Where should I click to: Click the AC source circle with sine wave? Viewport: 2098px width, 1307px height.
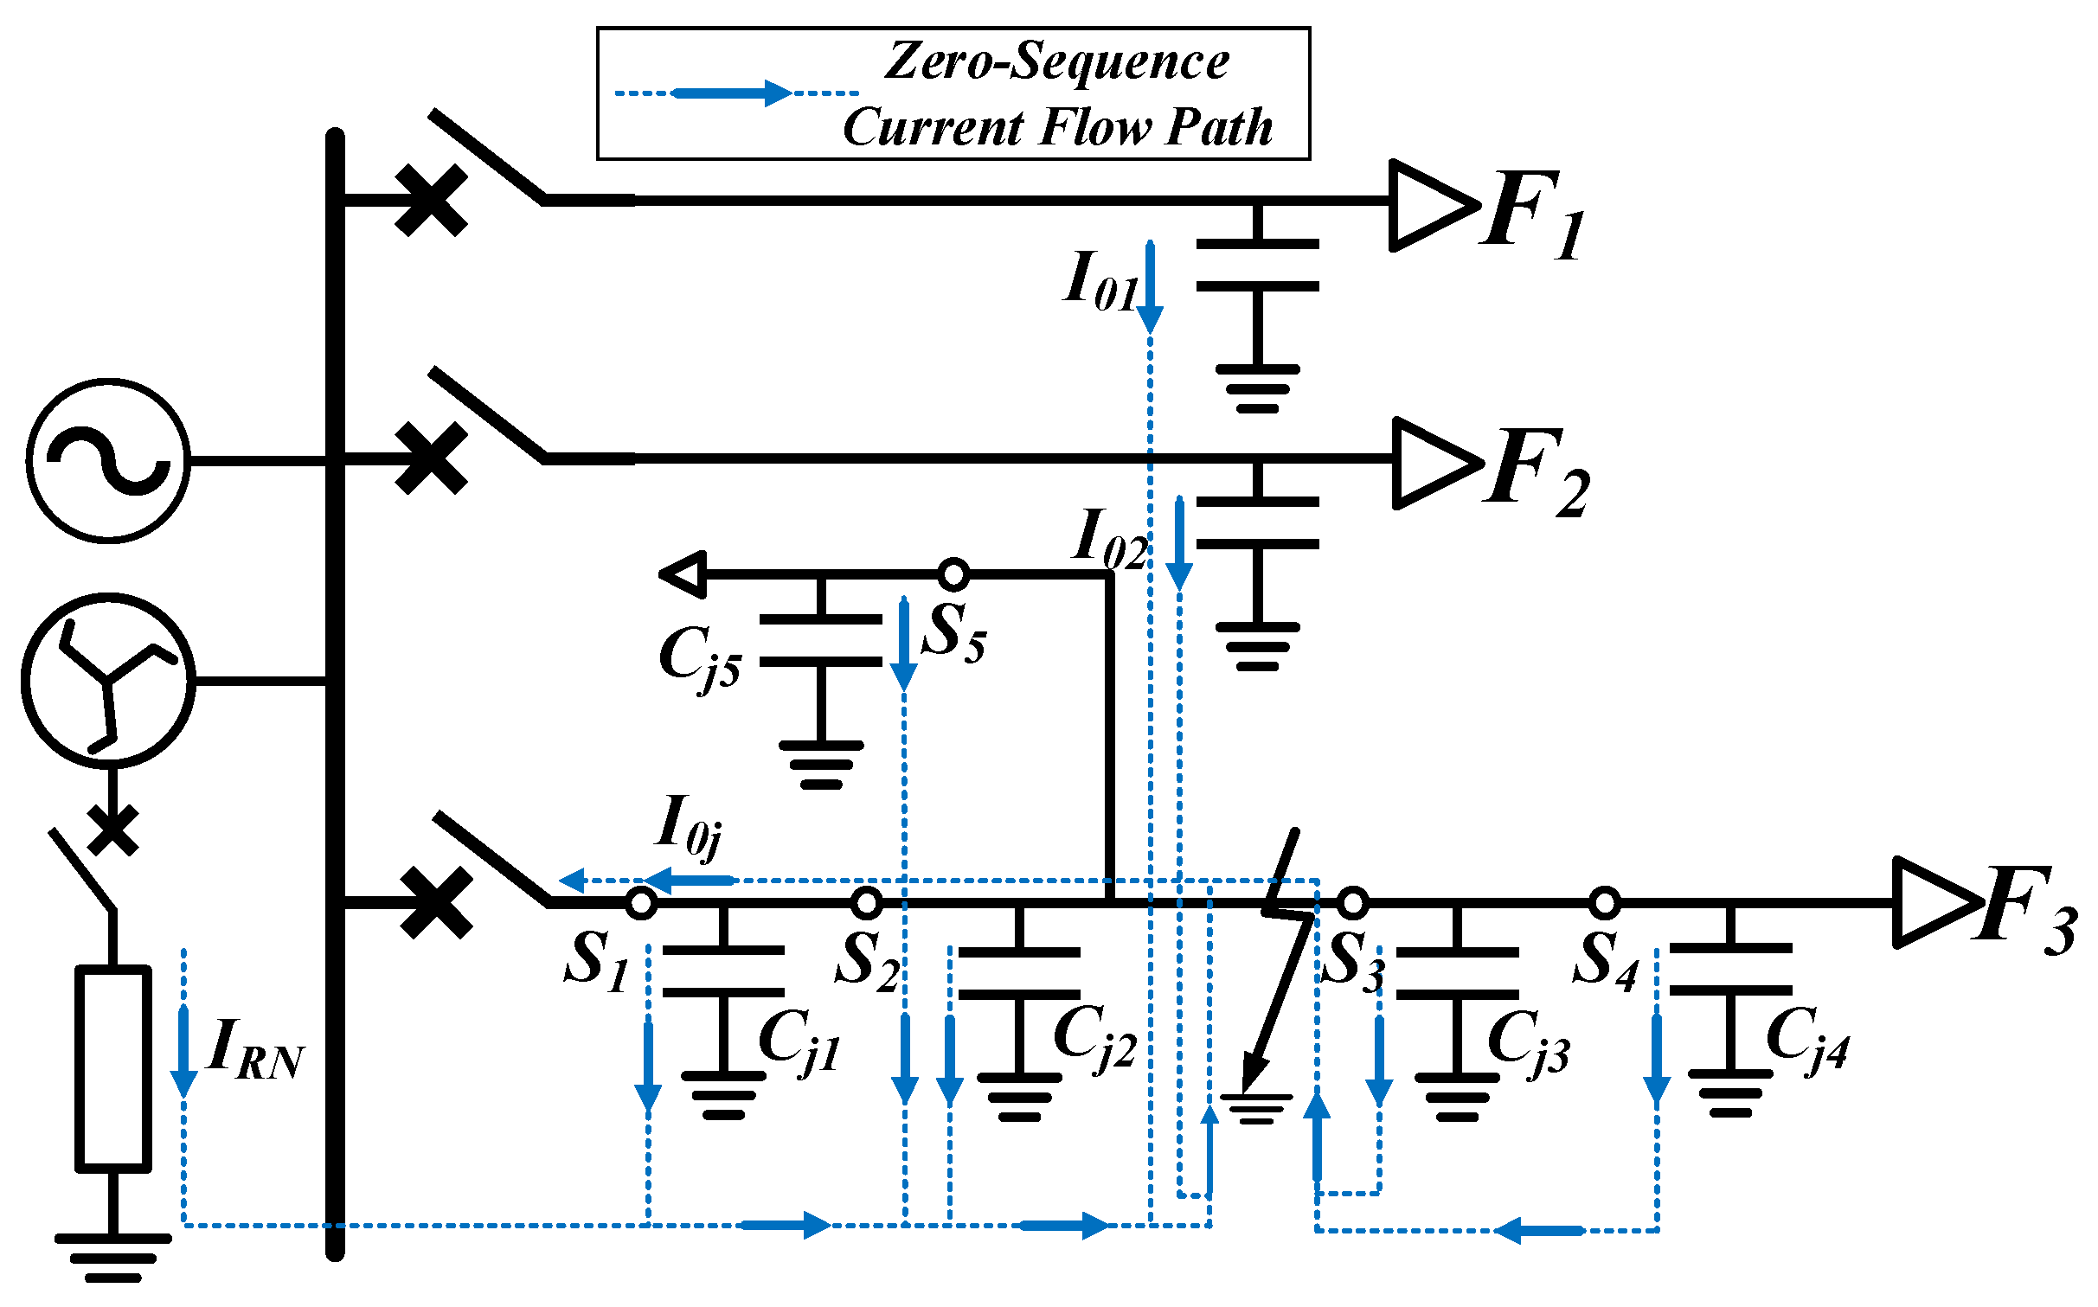click(x=108, y=460)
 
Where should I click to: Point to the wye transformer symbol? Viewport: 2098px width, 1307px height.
click(x=108, y=681)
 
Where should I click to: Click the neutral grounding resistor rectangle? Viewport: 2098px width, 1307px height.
click(x=113, y=1068)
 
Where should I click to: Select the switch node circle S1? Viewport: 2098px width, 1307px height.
click(x=641, y=903)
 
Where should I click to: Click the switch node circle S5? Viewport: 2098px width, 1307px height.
click(x=953, y=573)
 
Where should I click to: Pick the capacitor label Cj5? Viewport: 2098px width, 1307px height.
click(x=699, y=657)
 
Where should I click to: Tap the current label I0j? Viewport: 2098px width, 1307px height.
click(x=688, y=826)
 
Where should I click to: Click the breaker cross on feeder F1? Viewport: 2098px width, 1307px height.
click(x=431, y=201)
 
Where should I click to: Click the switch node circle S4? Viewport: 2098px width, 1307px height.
click(x=1605, y=903)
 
